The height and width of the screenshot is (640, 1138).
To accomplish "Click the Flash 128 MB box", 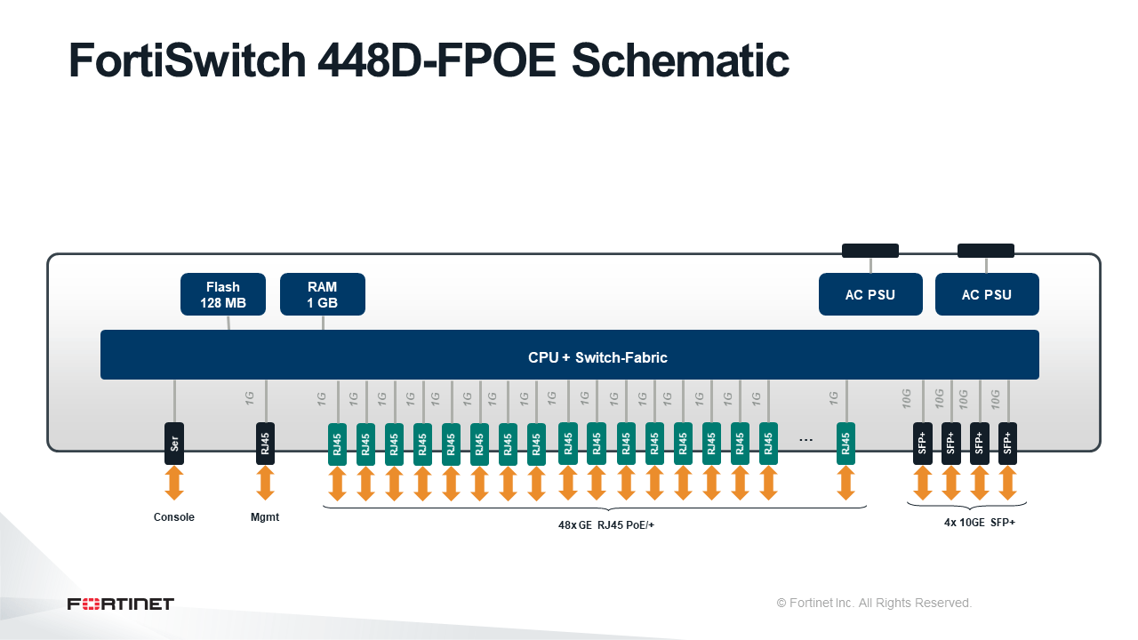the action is click(x=223, y=294).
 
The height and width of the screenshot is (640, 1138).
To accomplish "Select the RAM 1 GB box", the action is click(x=323, y=294).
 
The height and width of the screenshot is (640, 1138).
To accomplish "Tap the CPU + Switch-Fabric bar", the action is click(x=570, y=355).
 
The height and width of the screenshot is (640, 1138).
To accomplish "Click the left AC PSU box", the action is click(x=870, y=294).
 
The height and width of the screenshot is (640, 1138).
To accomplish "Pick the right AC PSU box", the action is click(x=987, y=294).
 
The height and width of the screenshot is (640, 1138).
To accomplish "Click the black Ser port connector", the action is click(x=174, y=444).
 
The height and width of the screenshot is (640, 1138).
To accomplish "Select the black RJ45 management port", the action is click(x=265, y=444).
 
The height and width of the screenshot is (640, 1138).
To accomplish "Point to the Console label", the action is click(x=173, y=517).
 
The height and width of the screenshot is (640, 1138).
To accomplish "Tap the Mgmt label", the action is click(x=265, y=517).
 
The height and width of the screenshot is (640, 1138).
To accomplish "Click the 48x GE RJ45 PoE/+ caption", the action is click(x=606, y=525).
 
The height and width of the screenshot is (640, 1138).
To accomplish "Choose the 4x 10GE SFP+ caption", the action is click(x=980, y=523).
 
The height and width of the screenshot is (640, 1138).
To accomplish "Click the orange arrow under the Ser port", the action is click(x=174, y=484).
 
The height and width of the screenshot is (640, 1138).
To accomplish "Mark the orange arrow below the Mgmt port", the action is click(x=265, y=484).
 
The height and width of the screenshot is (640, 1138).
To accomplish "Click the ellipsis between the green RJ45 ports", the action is click(x=805, y=440).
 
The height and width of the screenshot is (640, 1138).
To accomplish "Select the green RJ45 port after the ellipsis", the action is click(x=845, y=444).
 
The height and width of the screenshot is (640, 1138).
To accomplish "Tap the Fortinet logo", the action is click(x=120, y=604).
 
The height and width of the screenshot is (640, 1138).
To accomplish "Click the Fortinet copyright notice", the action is click(x=874, y=603).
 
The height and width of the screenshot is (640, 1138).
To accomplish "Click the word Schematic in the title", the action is click(x=680, y=60).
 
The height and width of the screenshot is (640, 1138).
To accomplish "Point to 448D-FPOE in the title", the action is click(x=437, y=60).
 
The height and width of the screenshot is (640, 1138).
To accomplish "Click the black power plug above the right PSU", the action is click(x=986, y=251).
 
